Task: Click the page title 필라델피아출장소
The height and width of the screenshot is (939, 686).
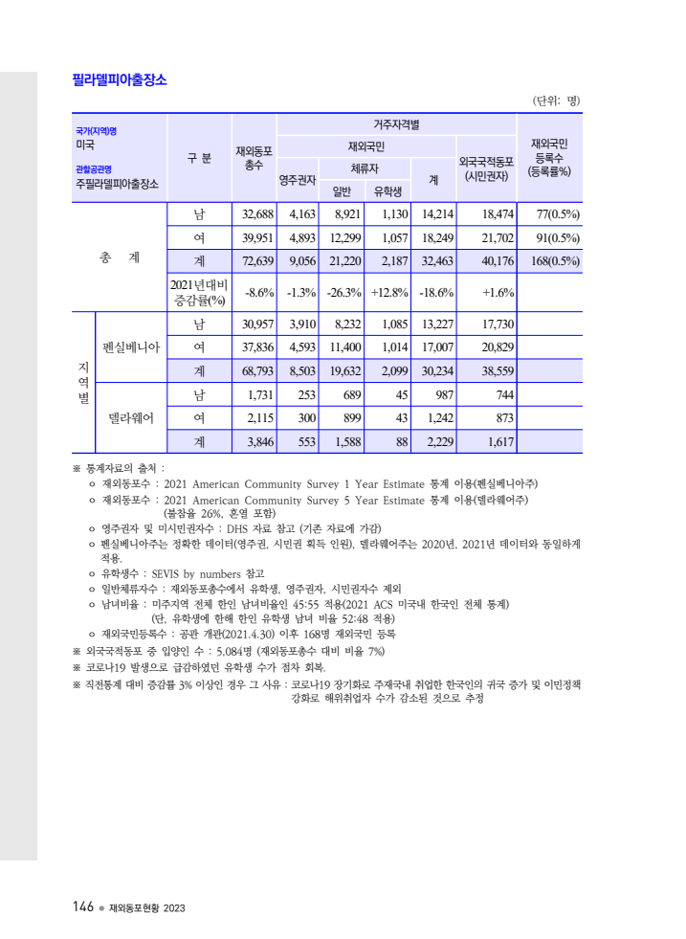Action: click(x=120, y=80)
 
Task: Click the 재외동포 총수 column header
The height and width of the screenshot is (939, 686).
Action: click(x=254, y=158)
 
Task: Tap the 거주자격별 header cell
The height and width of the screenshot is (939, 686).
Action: click(x=396, y=124)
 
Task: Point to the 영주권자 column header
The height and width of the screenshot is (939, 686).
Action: click(x=297, y=179)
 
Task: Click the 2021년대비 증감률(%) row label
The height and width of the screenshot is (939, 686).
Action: click(x=198, y=292)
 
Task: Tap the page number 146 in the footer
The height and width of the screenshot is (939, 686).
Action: click(x=81, y=906)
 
